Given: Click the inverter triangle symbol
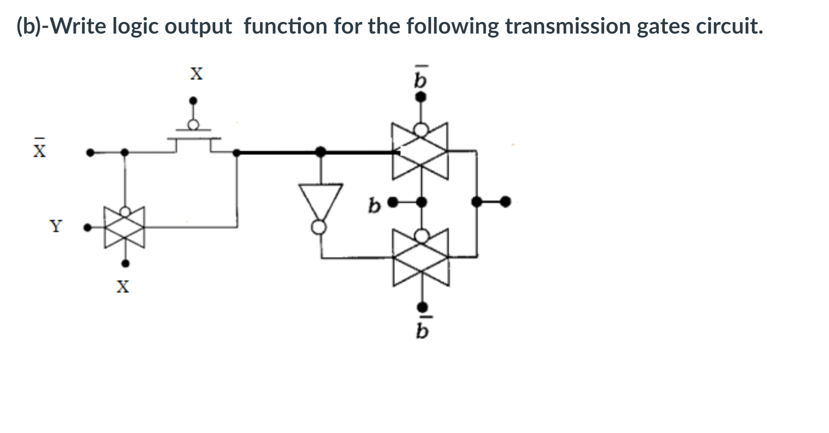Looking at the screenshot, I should (x=321, y=199).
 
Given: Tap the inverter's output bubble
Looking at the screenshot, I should (x=319, y=227).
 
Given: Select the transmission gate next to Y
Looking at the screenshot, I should (x=125, y=227).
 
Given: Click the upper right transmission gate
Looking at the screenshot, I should (x=420, y=152).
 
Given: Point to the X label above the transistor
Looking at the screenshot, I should (x=196, y=73).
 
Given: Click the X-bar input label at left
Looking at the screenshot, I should (x=39, y=149).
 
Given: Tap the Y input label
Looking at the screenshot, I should (x=55, y=226).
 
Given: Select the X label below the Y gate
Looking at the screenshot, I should (x=123, y=286).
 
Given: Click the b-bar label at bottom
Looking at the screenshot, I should (x=421, y=330).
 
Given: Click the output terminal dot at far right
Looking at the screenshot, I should (x=505, y=202).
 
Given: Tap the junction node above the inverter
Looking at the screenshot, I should (x=320, y=152).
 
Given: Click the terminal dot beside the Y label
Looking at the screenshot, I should (x=88, y=227).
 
